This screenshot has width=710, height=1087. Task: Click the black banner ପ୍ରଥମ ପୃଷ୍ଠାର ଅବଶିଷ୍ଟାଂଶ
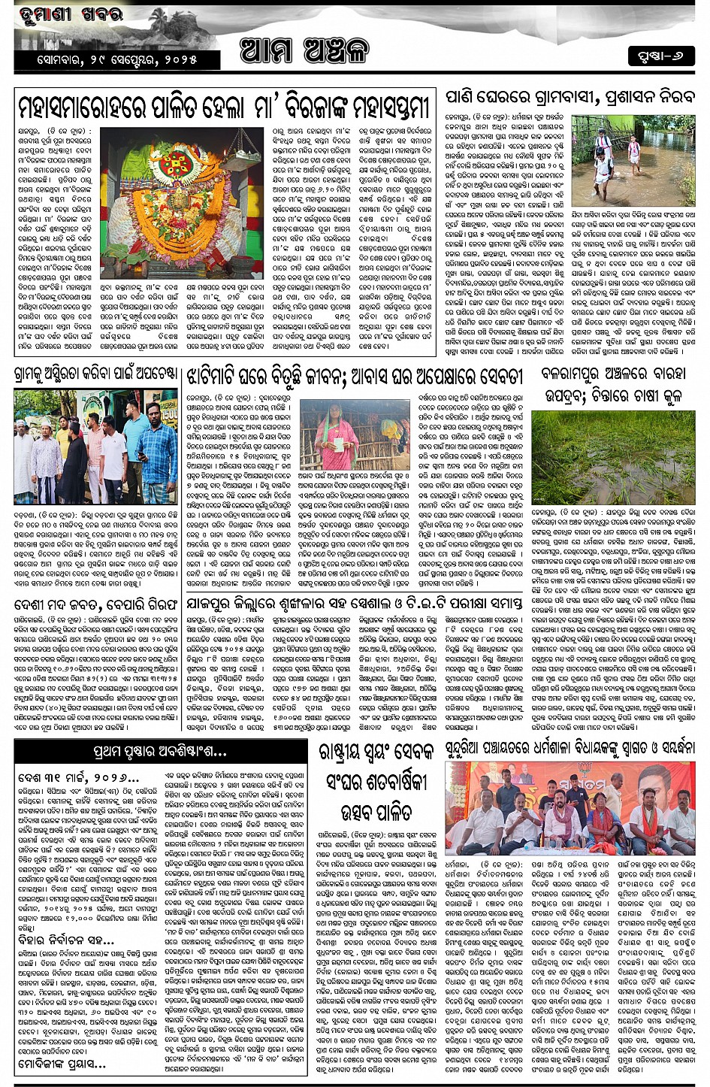(159, 750)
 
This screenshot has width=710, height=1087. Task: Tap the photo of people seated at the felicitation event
(570, 807)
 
